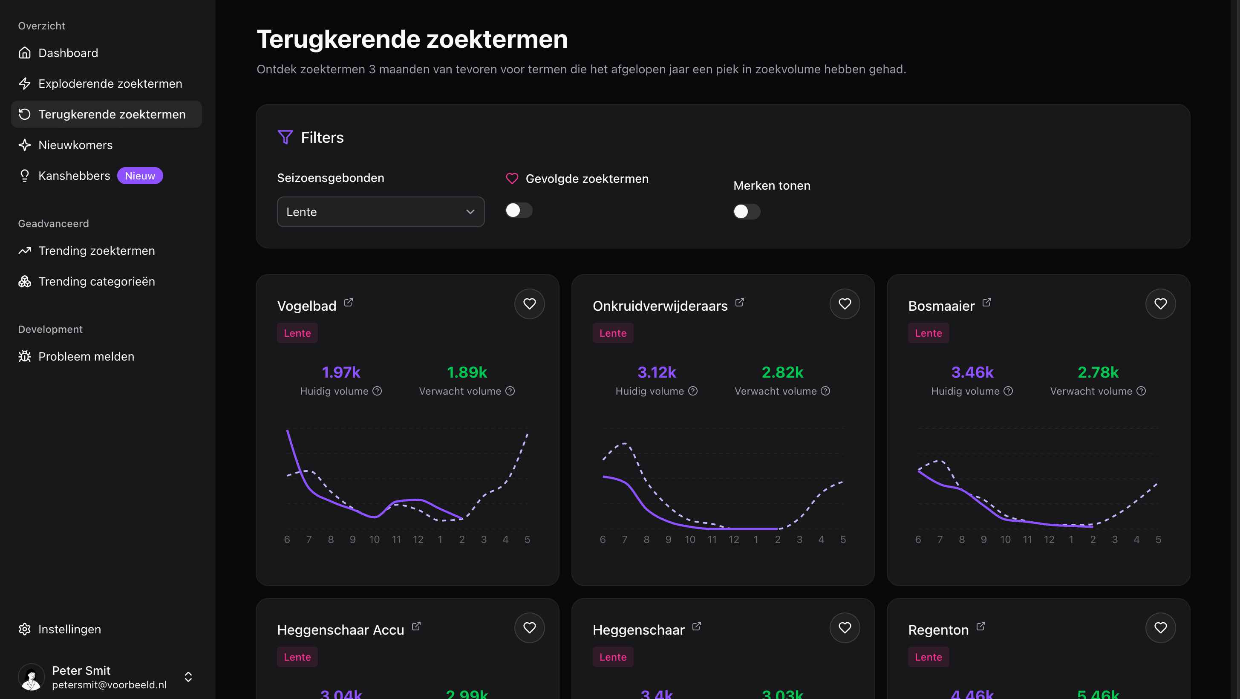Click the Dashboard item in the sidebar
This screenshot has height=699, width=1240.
(x=68, y=53)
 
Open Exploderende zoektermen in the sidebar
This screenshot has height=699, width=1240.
(x=110, y=84)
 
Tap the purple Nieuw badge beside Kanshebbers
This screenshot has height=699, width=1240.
(x=140, y=176)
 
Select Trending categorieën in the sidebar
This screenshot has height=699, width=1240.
(x=96, y=282)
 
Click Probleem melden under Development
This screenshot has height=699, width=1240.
(x=86, y=357)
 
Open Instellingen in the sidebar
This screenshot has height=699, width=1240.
(x=69, y=629)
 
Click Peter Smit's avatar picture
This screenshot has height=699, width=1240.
(x=31, y=677)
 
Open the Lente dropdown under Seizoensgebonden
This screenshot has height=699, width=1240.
(x=380, y=212)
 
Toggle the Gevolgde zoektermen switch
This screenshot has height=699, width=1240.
(x=519, y=211)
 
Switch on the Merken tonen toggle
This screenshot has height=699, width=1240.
(x=746, y=211)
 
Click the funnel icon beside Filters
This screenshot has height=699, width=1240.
(x=285, y=137)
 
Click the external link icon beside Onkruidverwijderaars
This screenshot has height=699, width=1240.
(x=739, y=302)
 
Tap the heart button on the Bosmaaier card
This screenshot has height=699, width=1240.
(x=1160, y=304)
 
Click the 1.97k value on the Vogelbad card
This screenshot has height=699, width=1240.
(x=341, y=372)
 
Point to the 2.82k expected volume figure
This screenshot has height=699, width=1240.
(x=782, y=372)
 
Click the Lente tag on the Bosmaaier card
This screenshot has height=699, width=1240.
(x=928, y=333)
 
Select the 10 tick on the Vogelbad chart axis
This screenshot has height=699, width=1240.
(x=374, y=540)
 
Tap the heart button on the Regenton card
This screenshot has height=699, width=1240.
(x=1160, y=628)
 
